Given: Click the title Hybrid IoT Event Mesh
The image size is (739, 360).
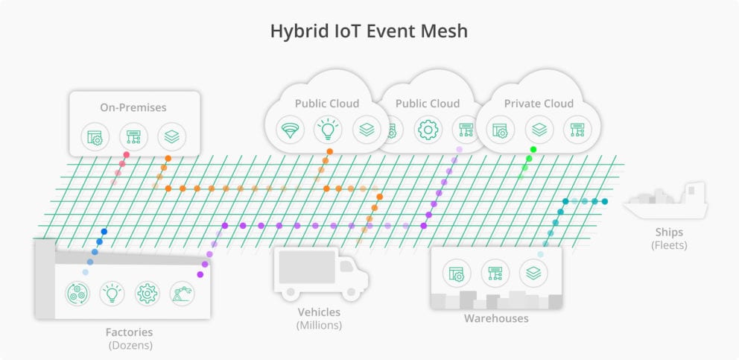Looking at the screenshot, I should point(369,31).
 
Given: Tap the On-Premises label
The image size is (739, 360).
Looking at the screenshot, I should point(133,107).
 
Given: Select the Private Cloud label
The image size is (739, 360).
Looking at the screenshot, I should point(539,104).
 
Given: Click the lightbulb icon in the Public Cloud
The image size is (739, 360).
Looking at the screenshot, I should point(327,129).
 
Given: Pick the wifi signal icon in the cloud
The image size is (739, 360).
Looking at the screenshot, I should point(288,129).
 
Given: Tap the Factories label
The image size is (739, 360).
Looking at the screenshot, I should point(129,332).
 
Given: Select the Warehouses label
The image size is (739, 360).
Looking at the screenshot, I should point(496,318).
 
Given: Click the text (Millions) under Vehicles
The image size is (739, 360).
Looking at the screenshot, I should point(319,325).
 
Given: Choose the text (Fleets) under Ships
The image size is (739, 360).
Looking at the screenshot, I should point(669,244).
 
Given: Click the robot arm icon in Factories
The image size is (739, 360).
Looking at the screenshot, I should point(182,293).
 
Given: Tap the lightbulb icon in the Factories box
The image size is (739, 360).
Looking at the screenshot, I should point(112,293).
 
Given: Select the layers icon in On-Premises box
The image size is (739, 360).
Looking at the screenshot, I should point(172,136).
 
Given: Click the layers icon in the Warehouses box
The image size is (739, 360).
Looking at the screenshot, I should point(533,274).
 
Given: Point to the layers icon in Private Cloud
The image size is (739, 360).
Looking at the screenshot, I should point(539,129).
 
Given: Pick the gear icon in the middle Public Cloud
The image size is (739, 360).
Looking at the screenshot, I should point(428,129).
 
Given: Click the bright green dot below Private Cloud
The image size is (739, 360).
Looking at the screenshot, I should point(533,150).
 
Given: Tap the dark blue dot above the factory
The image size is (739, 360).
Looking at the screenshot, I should point(104,232).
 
